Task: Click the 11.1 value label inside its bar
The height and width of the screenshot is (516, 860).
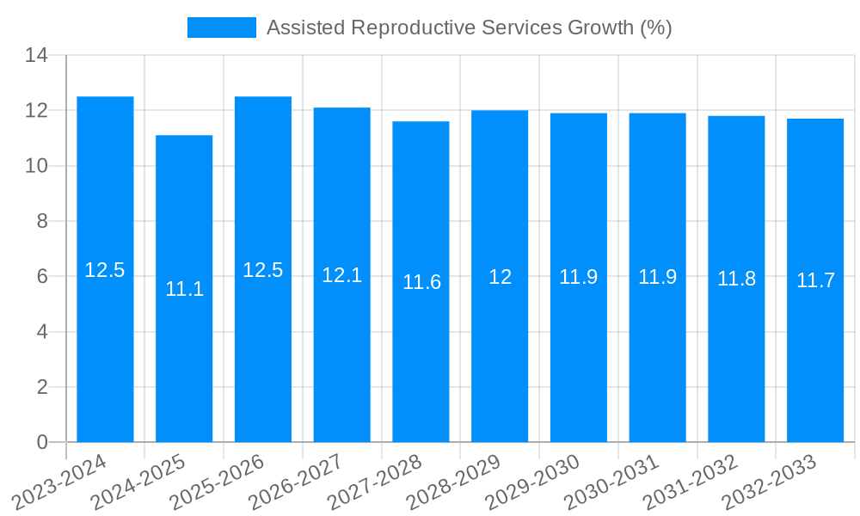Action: point(184,289)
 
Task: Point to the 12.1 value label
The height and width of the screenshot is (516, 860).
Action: point(342,275)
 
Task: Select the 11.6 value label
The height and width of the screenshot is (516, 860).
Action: point(421,282)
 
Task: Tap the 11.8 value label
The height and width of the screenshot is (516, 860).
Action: point(737,279)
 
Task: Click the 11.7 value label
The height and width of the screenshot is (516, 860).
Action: point(815,280)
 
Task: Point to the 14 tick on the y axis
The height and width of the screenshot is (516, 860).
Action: point(36,56)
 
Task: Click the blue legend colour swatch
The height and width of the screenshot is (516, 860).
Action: point(222,28)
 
